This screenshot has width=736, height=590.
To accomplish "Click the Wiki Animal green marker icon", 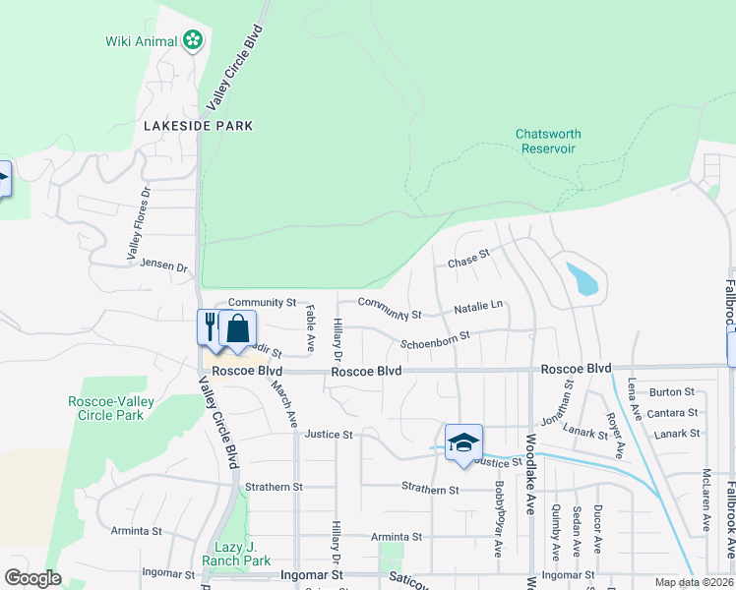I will click(x=193, y=40).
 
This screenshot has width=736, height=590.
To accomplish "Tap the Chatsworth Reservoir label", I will click(x=548, y=141).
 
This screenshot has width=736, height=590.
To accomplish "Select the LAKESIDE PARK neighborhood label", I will click(x=198, y=126).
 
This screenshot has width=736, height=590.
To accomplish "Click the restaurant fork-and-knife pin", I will click(x=210, y=326).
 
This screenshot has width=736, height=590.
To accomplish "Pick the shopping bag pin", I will click(x=237, y=327).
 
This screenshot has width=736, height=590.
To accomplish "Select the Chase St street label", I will click(x=468, y=259).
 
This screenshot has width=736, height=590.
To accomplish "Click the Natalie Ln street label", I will click(x=478, y=308).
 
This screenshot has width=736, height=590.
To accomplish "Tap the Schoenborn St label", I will click(x=435, y=340).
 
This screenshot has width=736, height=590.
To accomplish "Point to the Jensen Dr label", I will click(x=163, y=265).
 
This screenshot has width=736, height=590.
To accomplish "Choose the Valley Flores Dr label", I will click(x=138, y=224).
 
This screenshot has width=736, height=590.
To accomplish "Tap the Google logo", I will click(x=31, y=578).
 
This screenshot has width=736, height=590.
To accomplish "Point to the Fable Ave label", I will click(x=310, y=328).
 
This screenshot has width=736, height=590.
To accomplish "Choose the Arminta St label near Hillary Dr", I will click(x=397, y=537).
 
